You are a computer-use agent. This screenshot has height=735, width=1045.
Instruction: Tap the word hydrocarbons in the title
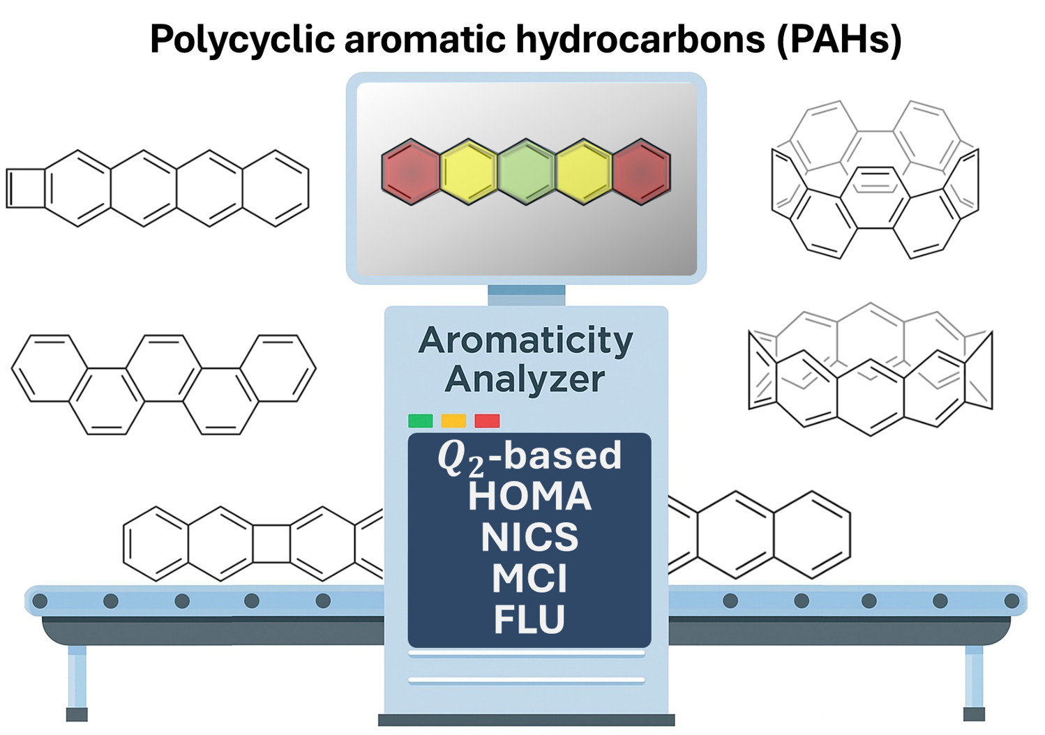[640, 39]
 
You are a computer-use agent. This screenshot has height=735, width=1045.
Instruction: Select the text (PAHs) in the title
[839, 39]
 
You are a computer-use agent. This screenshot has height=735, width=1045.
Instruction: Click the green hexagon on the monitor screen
[527, 172]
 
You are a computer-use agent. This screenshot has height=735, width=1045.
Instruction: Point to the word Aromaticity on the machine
[526, 340]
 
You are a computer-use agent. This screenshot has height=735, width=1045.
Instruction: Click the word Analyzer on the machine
[525, 379]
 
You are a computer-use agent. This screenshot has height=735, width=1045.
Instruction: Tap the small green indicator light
[420, 420]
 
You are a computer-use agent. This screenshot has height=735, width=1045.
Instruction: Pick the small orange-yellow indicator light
[453, 420]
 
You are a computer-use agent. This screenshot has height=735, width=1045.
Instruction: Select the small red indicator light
[487, 420]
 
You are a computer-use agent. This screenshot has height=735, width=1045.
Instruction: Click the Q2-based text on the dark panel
[529, 457]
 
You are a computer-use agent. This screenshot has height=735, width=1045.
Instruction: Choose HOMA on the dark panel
[529, 497]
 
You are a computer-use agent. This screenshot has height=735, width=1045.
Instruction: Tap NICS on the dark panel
[529, 537]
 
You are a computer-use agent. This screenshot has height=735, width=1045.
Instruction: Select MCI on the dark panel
[529, 578]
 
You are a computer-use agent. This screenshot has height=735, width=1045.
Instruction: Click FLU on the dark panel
[529, 619]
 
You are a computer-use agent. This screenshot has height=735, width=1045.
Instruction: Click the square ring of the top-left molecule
[26, 188]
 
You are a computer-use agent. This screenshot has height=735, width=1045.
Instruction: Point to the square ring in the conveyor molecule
[271, 544]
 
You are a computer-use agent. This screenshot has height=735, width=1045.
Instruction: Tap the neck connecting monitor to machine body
[526, 295]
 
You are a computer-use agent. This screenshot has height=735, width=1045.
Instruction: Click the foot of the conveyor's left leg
[77, 714]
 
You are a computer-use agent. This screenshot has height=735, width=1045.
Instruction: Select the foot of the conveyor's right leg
[974, 714]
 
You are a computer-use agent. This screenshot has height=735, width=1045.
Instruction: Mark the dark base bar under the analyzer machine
[526, 720]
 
